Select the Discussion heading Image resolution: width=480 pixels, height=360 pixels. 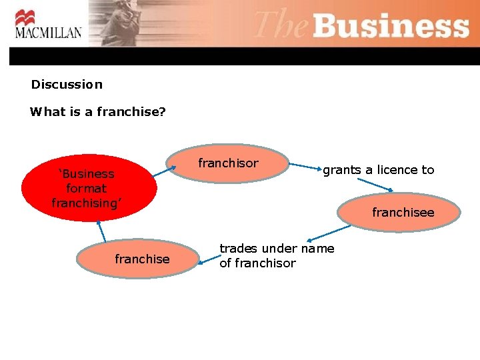[67, 85]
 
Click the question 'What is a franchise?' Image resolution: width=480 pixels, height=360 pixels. [98, 112]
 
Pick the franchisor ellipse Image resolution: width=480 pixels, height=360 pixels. [229, 163]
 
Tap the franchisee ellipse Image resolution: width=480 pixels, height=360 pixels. [400, 213]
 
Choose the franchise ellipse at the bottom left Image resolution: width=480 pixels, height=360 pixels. [139, 259]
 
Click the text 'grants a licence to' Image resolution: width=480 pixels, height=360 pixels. [378, 170]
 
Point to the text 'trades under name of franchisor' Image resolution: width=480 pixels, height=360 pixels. [277, 256]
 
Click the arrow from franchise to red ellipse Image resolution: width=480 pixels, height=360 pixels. [102, 229]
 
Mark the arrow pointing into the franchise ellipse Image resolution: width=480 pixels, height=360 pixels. [207, 262]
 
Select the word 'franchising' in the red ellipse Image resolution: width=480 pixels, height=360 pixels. [86, 203]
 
